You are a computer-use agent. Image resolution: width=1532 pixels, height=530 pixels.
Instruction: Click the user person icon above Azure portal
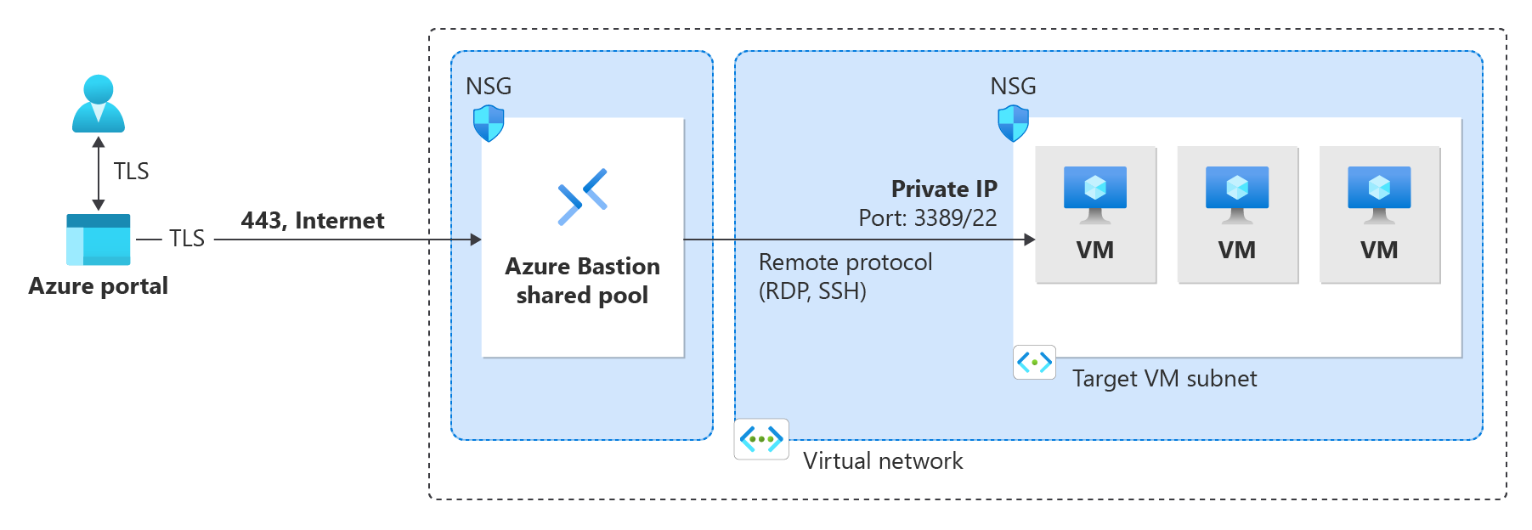coord(99,104)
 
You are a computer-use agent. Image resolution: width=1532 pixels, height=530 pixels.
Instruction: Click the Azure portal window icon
coord(99,240)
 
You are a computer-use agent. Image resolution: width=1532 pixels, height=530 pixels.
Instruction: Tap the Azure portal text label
coord(99,286)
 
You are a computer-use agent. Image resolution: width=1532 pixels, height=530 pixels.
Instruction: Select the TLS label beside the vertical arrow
coord(131,172)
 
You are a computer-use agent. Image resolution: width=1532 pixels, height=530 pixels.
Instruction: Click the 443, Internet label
coord(313,221)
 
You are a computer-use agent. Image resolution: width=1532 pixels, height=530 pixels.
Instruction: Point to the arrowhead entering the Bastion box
coord(476,240)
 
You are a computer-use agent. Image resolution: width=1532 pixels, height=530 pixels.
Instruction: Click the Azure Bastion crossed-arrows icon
coord(583,197)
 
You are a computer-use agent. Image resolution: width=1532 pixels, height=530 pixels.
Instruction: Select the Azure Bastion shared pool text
coord(583,281)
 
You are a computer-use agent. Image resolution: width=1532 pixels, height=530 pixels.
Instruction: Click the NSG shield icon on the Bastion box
coord(489,124)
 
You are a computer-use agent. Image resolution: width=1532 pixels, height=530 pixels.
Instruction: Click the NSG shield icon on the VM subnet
coord(1013,124)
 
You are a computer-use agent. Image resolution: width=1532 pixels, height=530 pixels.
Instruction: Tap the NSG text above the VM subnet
coord(1013,87)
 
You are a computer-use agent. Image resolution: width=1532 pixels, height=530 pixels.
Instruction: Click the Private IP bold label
coord(944,189)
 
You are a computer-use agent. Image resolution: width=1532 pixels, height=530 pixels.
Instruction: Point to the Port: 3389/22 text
coord(928,218)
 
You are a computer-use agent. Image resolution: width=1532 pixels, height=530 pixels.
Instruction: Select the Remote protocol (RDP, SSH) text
coord(845,277)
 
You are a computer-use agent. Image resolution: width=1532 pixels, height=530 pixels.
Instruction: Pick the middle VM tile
coord(1237,215)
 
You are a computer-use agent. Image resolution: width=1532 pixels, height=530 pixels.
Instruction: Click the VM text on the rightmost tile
coord(1379,251)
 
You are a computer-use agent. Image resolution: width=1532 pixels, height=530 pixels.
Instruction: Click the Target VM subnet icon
coord(1035,363)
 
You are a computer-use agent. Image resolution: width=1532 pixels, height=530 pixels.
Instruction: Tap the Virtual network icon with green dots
coord(761,439)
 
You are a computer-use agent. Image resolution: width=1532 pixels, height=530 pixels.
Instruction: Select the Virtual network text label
coord(883,461)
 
